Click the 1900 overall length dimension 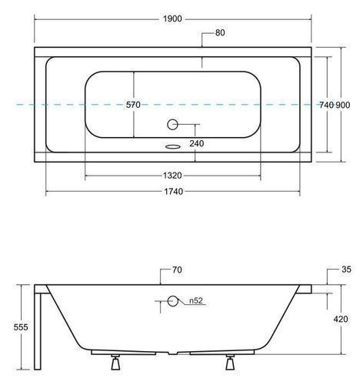(x=172, y=18)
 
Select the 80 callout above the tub (x=220, y=33)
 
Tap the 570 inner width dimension (x=133, y=105)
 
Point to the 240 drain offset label (x=197, y=143)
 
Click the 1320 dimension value (x=172, y=176)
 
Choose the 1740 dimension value (x=174, y=192)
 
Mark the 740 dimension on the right (x=327, y=105)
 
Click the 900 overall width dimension (x=343, y=105)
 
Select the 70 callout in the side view (x=177, y=269)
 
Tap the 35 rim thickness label (x=346, y=269)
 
